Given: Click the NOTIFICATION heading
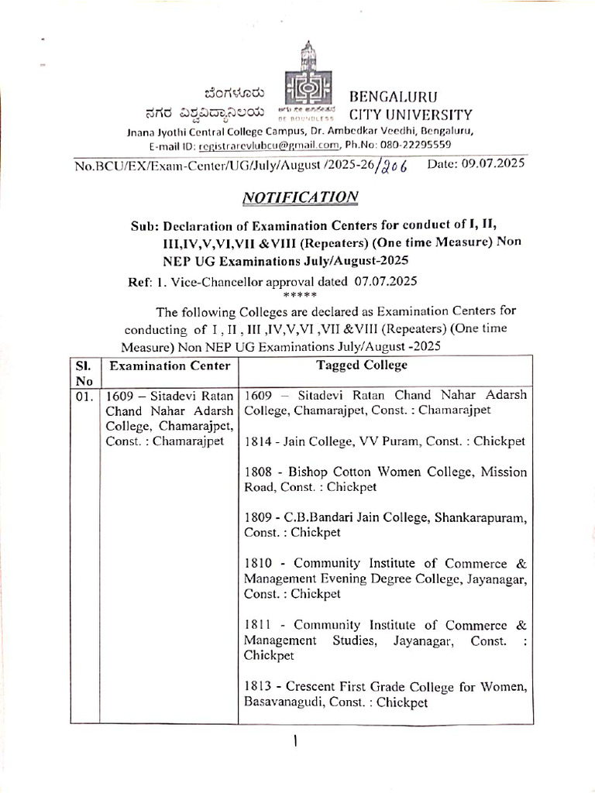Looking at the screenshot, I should click(301, 197).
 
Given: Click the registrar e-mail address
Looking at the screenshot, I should click(270, 145).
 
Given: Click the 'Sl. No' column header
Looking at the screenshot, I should click(83, 372).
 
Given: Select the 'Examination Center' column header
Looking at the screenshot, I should click(170, 366).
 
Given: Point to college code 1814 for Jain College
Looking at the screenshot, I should click(257, 441).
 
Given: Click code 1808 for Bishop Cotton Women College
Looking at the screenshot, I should click(257, 472).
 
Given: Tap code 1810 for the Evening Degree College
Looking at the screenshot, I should click(257, 564).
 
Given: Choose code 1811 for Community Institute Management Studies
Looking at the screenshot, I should click(257, 625).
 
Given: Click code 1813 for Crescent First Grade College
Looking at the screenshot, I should click(257, 687).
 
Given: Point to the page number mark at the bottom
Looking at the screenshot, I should click(296, 742).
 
